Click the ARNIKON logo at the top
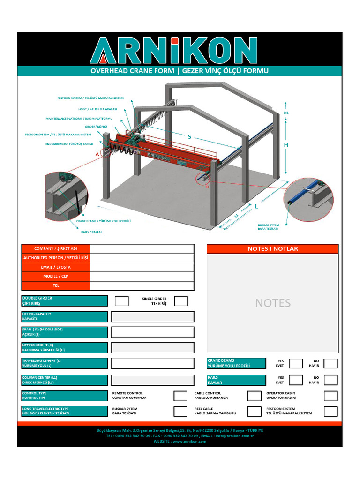(174, 50)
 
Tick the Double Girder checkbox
(121, 301)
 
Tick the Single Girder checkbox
(181, 301)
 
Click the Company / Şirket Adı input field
(142, 249)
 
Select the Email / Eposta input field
(142, 267)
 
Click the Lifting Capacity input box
(152, 317)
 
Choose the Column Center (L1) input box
(152, 380)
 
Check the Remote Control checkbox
(180, 396)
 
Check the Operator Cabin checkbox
(330, 396)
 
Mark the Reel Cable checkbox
(254, 412)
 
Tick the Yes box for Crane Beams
(295, 363)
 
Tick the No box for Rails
(330, 380)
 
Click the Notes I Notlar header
(272, 249)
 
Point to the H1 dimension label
(286, 113)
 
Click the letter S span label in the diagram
(189, 137)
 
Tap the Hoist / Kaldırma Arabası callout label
(97, 109)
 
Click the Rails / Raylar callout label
(92, 232)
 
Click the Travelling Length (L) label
(64, 363)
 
